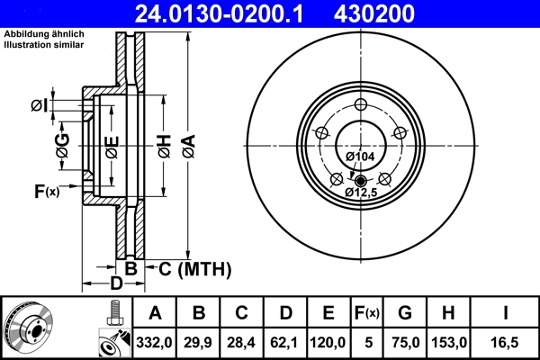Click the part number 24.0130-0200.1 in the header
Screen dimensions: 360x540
[228, 13]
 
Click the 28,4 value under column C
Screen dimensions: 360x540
[242, 341]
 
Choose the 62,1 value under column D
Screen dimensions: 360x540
[285, 341]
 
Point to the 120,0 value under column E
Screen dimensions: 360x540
[328, 341]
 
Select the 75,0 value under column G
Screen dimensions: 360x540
[405, 341]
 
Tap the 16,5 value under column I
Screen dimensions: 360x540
[506, 341]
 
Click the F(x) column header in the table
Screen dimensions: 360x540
[367, 313]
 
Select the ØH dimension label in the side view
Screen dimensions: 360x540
[164, 144]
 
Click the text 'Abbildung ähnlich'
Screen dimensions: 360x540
[44, 33]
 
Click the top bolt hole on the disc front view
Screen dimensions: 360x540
[360, 105]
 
